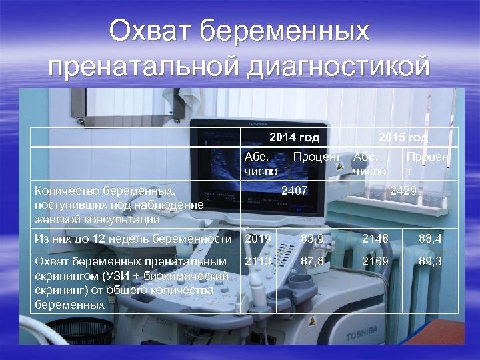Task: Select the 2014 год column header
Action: coord(294,138)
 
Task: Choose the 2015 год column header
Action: coord(403,138)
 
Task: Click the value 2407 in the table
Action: coord(294,191)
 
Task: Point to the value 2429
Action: coord(403,191)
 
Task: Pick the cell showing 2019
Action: coord(258,239)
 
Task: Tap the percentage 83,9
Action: coord(312,239)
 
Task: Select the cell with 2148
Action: coord(375,239)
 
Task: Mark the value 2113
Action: coord(258,261)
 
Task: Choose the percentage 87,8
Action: coord(312,261)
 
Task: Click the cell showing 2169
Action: coord(375,261)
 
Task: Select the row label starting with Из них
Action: coord(133,239)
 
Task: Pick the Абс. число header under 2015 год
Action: coord(369,163)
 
